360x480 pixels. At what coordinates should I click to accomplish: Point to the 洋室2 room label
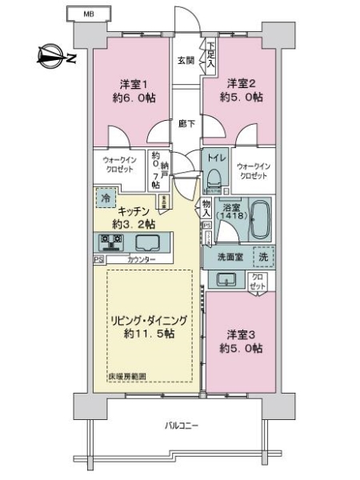coord(240,82)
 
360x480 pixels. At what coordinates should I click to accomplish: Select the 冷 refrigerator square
coord(106,197)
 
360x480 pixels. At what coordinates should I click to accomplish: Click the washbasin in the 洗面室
coord(226,279)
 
